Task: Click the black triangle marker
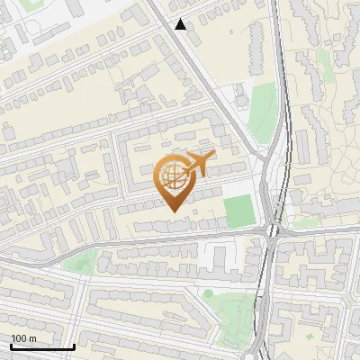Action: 181,24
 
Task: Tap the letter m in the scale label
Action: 32,337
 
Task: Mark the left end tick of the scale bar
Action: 11,346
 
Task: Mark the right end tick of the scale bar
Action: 74,346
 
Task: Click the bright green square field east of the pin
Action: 239,211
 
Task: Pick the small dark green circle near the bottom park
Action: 208,292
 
